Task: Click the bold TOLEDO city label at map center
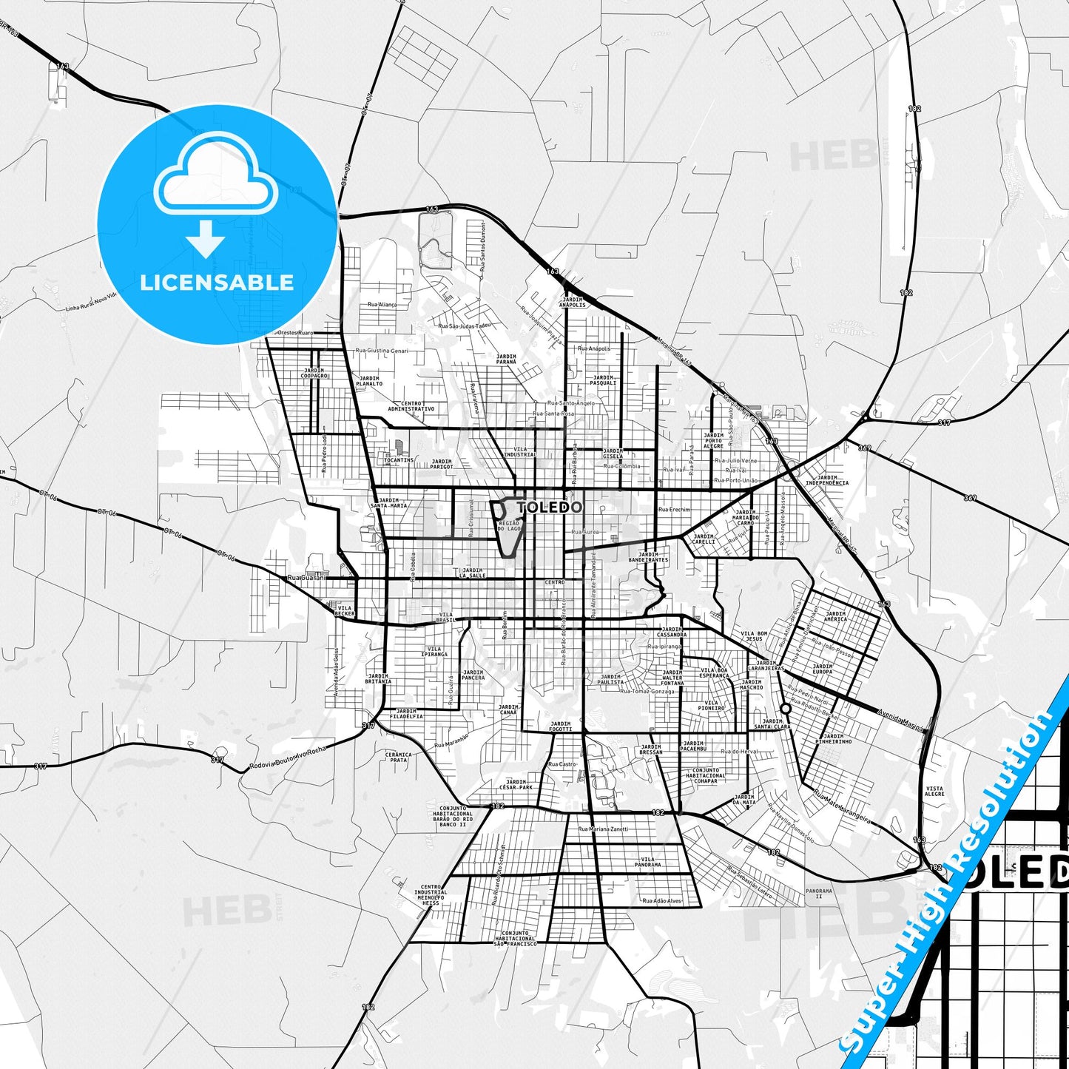pyautogui.click(x=550, y=507)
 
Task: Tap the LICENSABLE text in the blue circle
pyautogui.click(x=217, y=282)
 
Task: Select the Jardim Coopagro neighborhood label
pyautogui.click(x=314, y=373)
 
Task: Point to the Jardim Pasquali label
pyautogui.click(x=603, y=380)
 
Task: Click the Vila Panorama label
pyautogui.click(x=647, y=862)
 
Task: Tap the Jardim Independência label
pyautogui.click(x=827, y=480)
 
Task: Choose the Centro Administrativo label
pyautogui.click(x=411, y=405)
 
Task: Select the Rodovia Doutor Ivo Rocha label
pyautogui.click(x=288, y=758)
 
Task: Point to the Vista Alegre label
pyautogui.click(x=934, y=792)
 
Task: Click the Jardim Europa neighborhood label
pyautogui.click(x=823, y=669)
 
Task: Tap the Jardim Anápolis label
pyautogui.click(x=573, y=302)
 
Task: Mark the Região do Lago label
pyautogui.click(x=510, y=526)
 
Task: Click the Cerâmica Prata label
pyautogui.click(x=398, y=757)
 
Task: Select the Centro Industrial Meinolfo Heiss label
pyautogui.click(x=431, y=895)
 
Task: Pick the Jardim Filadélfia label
pyautogui.click(x=406, y=713)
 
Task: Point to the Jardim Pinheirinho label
pyautogui.click(x=833, y=738)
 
